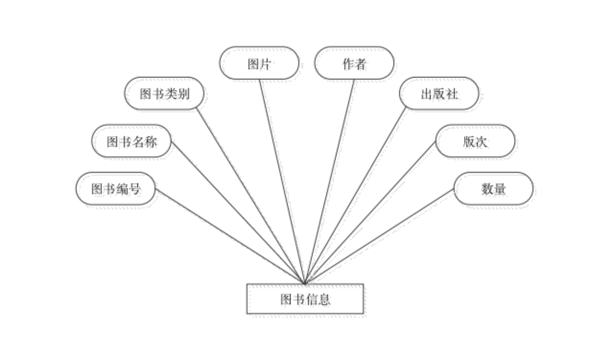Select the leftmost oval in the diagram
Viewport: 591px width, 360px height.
(117, 190)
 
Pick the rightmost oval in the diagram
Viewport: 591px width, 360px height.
(494, 190)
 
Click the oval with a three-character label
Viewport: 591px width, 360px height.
(439, 94)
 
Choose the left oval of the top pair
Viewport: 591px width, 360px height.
(260, 64)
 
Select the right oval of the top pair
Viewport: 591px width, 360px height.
(354, 64)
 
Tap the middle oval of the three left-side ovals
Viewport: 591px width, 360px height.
(132, 142)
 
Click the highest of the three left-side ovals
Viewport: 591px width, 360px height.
(165, 94)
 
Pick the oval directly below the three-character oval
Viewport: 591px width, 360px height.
(476, 142)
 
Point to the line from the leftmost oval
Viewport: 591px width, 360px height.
(230, 235)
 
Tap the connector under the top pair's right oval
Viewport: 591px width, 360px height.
(331, 180)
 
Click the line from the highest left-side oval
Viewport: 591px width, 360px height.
(250, 195)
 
